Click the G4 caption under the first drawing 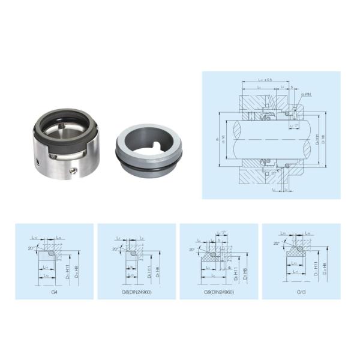click(x=54, y=292)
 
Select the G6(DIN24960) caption click(x=136, y=292)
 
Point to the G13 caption click(x=301, y=292)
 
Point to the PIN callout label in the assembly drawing click(x=307, y=95)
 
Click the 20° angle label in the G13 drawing click(x=276, y=244)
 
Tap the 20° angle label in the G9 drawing click(x=192, y=249)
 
